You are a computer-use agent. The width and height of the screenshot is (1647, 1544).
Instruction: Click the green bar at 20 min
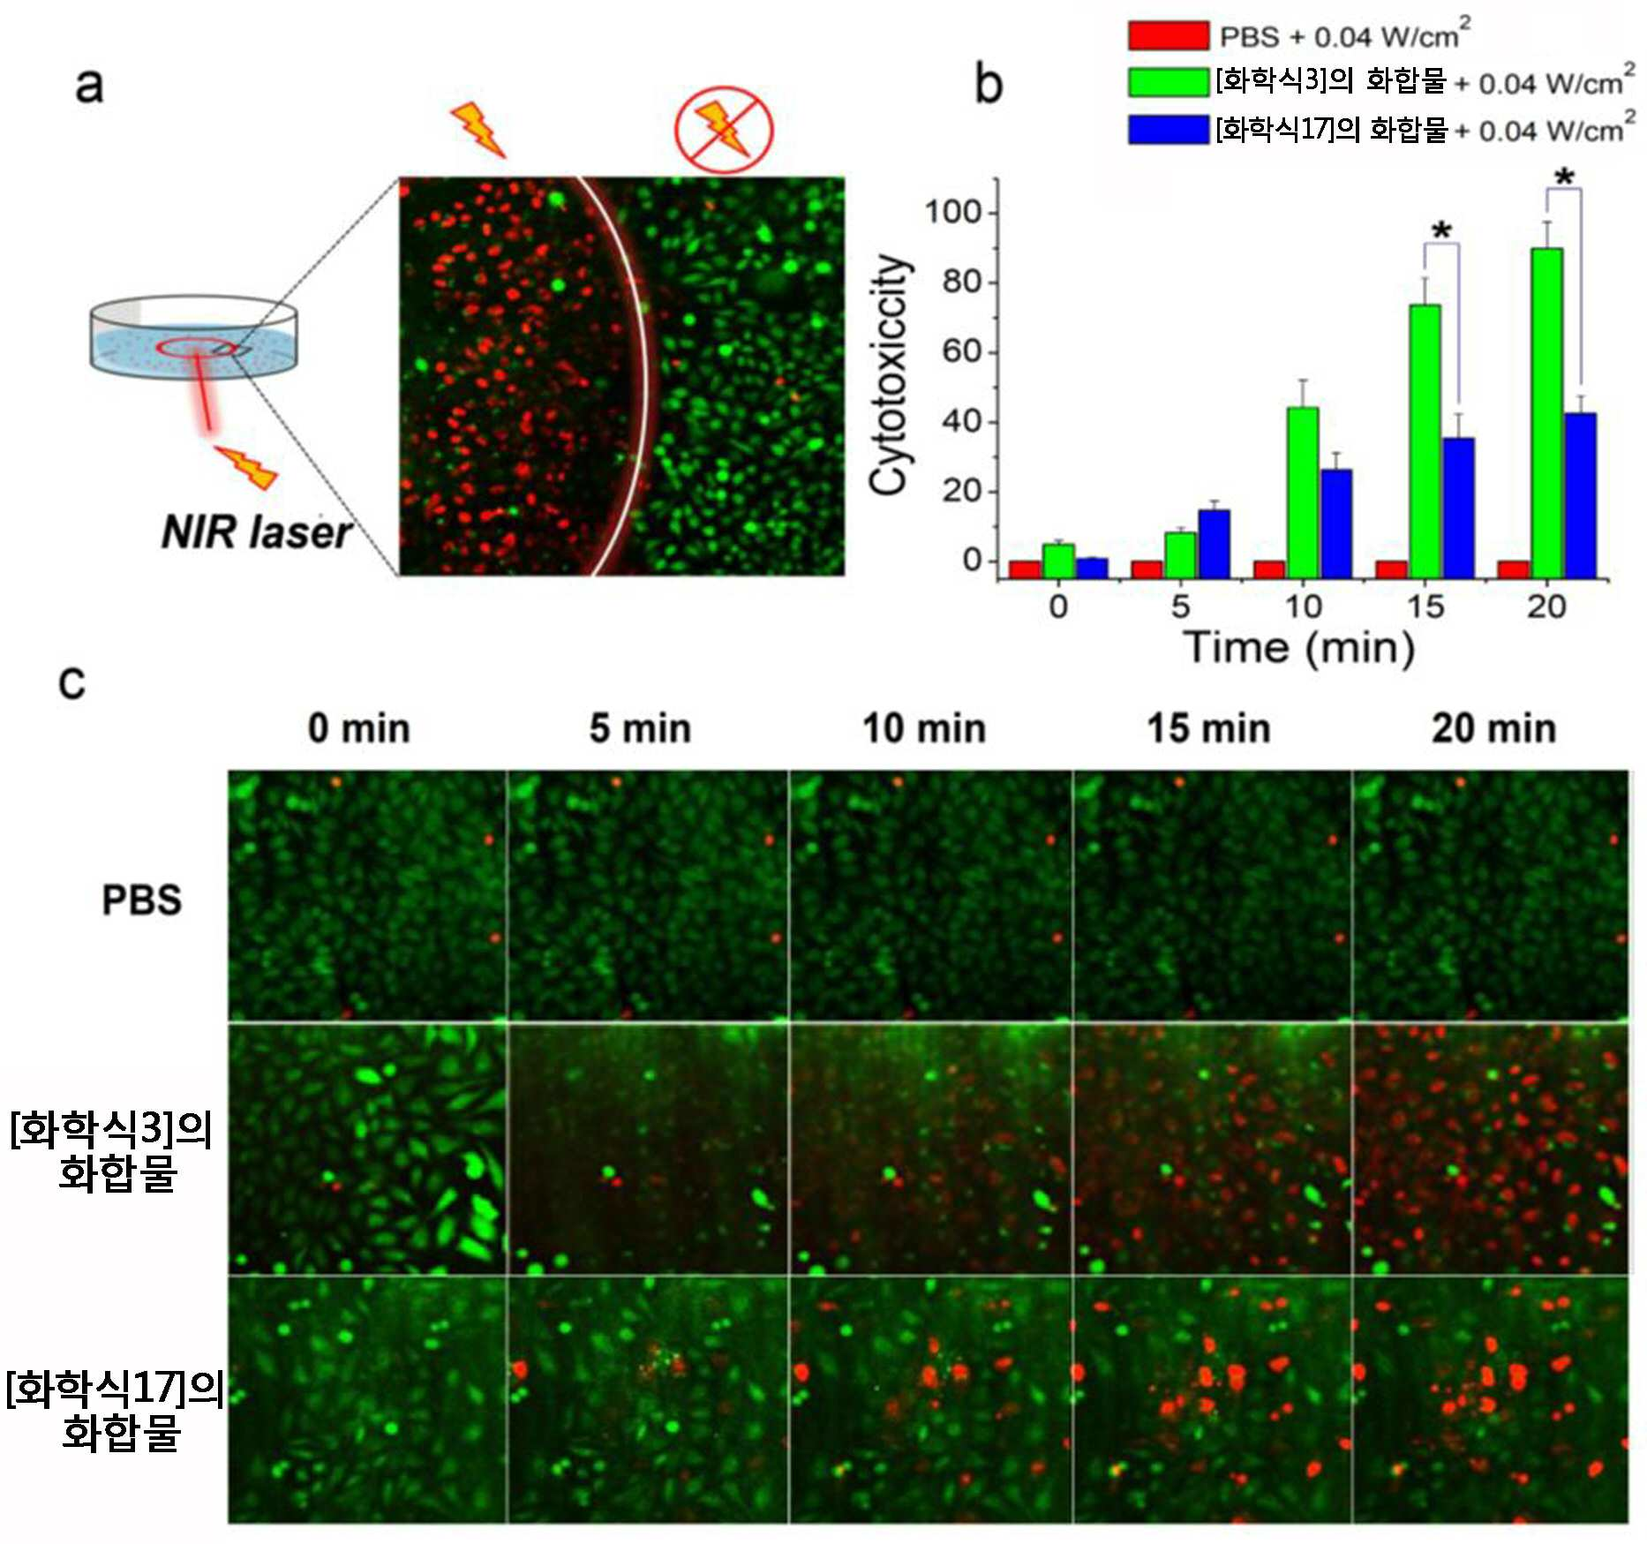click(1546, 413)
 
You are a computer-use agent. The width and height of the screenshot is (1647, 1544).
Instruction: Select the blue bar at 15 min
click(1458, 508)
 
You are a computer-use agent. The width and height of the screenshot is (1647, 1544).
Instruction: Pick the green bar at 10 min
click(1303, 493)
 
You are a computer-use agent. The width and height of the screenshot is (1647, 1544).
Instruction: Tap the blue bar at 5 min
click(1214, 545)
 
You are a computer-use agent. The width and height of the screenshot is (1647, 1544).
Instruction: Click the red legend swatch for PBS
click(1169, 35)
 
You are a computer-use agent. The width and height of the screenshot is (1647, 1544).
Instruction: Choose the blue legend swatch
click(1169, 129)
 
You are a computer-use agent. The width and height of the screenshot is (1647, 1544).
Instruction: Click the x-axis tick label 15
click(1425, 606)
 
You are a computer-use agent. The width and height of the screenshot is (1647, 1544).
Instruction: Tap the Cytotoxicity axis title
click(889, 374)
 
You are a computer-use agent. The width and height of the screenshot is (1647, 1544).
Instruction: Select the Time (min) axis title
click(1298, 648)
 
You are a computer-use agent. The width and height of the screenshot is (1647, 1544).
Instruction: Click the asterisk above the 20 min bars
click(1564, 177)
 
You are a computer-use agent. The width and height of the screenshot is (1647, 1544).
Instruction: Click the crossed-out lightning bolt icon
click(724, 130)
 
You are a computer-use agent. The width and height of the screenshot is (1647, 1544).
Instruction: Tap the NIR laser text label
click(256, 532)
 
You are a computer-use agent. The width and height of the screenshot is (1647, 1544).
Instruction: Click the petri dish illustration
click(193, 336)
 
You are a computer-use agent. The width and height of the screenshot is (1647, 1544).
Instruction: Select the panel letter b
click(989, 85)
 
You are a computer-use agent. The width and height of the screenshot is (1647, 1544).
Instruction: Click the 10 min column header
click(924, 729)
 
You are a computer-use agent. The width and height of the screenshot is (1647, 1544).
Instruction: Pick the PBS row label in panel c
click(142, 900)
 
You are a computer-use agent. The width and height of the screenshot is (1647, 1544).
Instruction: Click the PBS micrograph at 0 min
click(367, 895)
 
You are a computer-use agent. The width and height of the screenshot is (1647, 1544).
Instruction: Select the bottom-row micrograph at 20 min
click(1491, 1399)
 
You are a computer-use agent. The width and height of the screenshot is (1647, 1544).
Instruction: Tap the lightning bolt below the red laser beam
click(247, 467)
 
